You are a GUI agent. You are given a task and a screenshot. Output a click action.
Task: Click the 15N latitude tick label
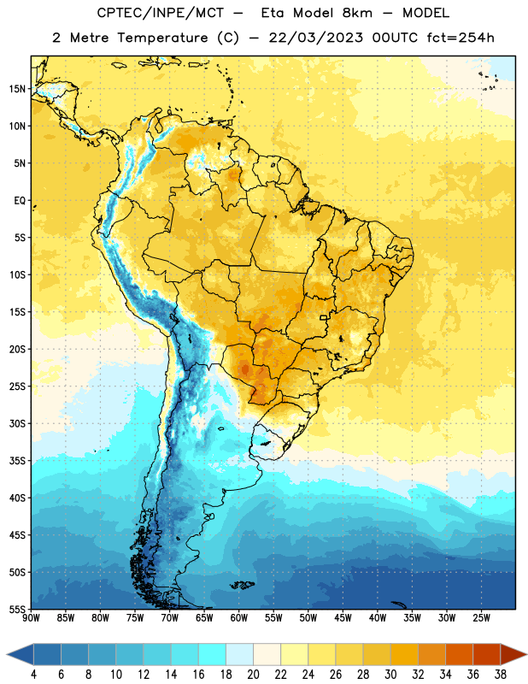point(17,89)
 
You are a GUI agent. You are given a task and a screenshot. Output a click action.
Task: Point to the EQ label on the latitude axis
point(20,201)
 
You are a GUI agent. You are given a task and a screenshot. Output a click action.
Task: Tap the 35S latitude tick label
point(17,461)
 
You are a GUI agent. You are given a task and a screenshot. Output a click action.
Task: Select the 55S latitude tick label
point(17,609)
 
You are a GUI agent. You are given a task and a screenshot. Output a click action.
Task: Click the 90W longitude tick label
point(31,617)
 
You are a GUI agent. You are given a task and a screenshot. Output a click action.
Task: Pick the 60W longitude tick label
point(239,617)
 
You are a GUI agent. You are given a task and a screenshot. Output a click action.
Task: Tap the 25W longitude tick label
point(481,617)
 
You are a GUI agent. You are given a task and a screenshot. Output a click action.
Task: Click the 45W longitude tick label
point(343,617)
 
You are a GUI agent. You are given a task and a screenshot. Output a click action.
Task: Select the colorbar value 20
point(253,675)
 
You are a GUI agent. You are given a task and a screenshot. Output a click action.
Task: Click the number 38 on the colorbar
point(501,675)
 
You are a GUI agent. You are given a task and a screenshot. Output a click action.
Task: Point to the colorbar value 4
point(33,675)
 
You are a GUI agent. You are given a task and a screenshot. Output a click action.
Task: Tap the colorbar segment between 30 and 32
point(404,655)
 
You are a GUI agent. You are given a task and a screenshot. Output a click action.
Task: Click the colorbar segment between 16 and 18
point(212,655)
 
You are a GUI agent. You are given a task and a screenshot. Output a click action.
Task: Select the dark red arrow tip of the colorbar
point(513,655)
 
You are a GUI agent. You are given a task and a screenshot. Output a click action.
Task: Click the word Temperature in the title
point(162,38)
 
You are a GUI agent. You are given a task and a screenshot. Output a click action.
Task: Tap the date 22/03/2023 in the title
point(316,38)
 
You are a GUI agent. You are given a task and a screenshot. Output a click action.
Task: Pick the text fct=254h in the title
point(461,38)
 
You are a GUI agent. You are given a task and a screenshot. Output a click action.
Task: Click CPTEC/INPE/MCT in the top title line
point(161,13)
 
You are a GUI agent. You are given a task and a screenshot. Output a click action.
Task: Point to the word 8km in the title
point(357,13)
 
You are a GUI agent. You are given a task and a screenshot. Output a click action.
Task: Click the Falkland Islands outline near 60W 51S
point(242,585)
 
